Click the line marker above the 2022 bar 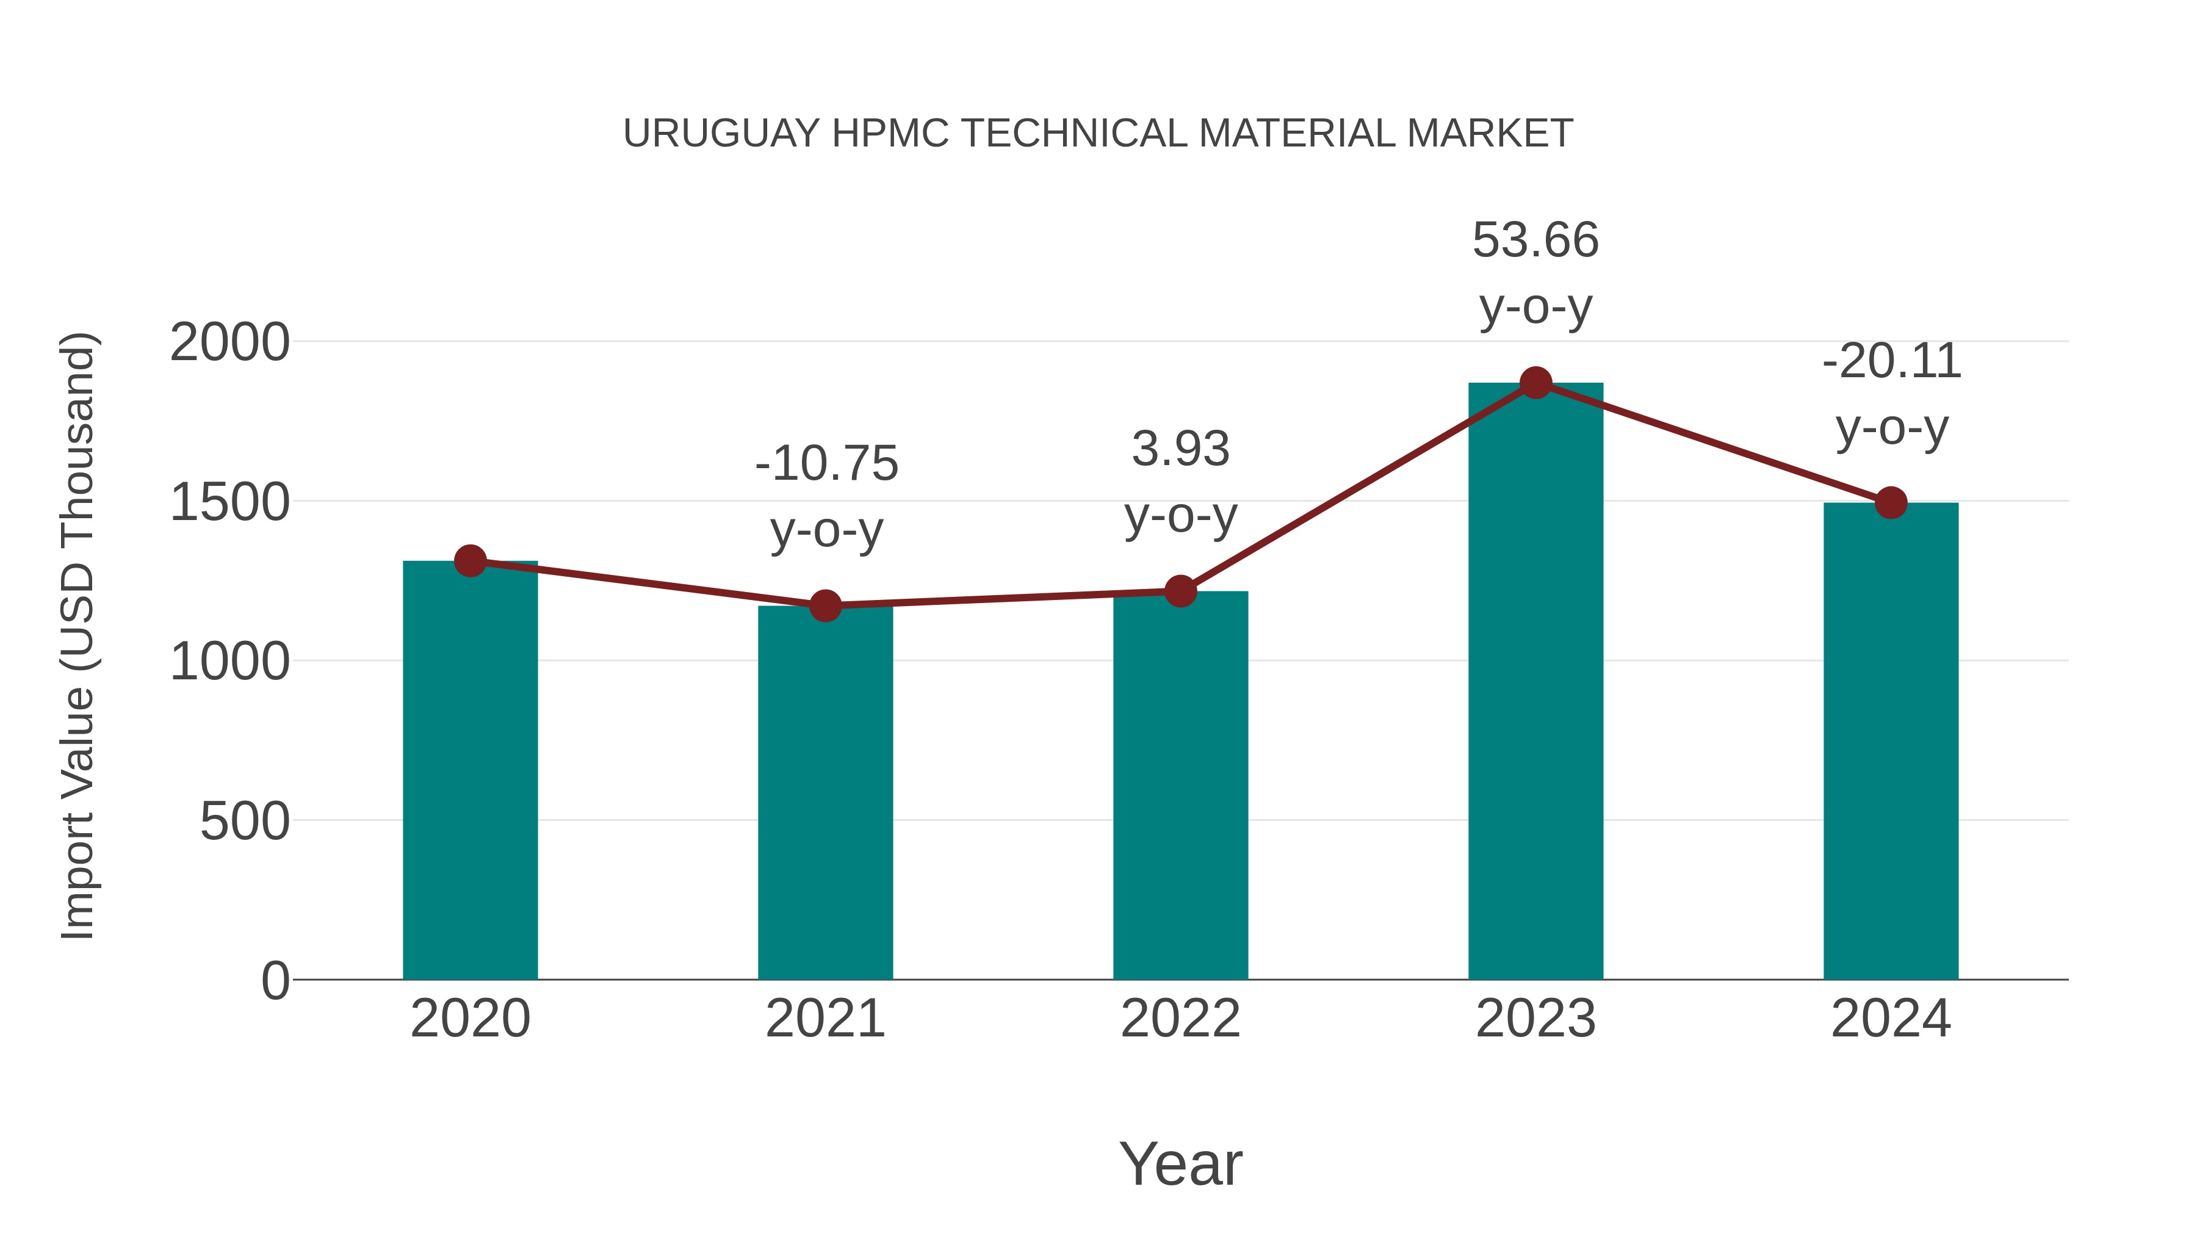coord(1180,590)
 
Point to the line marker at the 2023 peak coord(1535,383)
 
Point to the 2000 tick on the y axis coord(229,343)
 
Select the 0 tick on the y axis coord(275,981)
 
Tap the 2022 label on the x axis coord(1180,1019)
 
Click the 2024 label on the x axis coord(1891,1019)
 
